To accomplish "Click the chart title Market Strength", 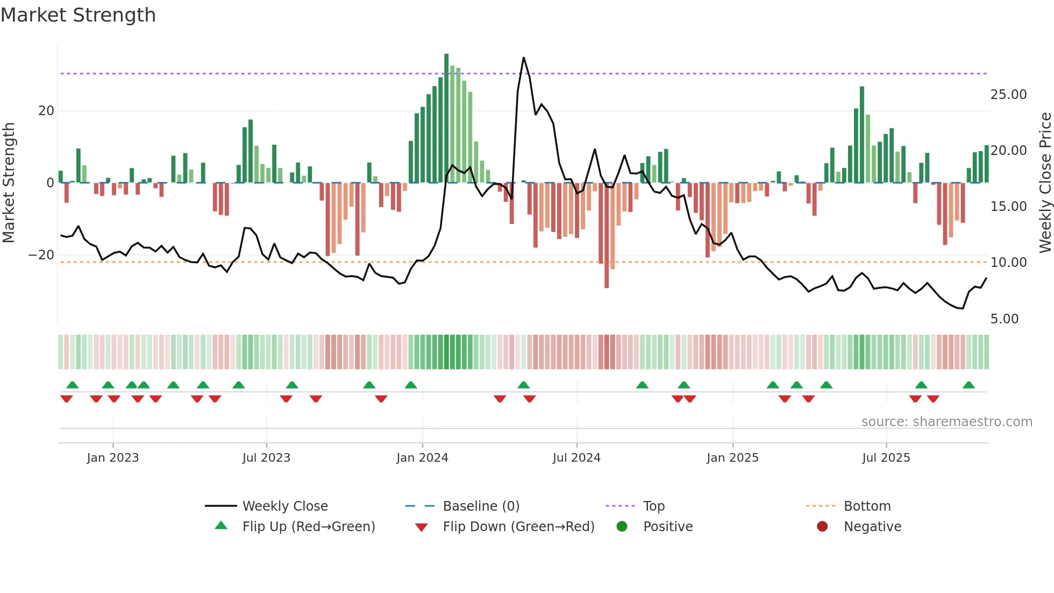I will click(x=79, y=15).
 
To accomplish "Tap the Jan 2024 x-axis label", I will click(x=422, y=458).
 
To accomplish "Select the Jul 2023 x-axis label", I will click(x=266, y=458).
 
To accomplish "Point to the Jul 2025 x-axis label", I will click(x=886, y=458).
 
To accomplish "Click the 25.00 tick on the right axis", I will click(x=1008, y=95).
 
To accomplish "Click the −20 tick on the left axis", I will click(x=41, y=255).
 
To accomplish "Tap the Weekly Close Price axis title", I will click(x=1045, y=182).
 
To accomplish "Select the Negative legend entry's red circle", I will click(x=822, y=527).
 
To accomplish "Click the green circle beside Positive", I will click(x=622, y=527).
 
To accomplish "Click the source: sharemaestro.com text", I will click(x=946, y=422).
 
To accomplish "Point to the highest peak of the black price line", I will click(x=523, y=58).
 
